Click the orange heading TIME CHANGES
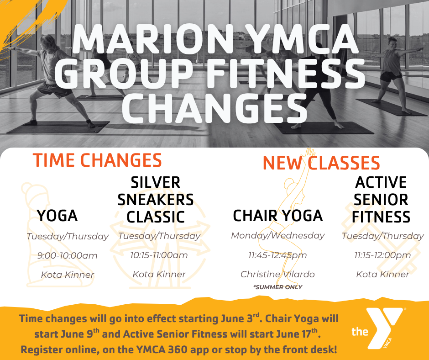click(x=97, y=160)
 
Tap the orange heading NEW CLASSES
click(x=321, y=163)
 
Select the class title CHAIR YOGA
click(x=277, y=216)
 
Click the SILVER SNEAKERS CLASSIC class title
click(x=156, y=200)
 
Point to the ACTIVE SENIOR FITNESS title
click(x=381, y=200)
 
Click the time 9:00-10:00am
click(x=67, y=256)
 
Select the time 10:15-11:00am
click(x=159, y=255)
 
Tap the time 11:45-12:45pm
click(x=277, y=255)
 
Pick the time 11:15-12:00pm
click(x=382, y=255)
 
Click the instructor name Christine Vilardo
click(x=277, y=274)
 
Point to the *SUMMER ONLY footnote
click(x=277, y=287)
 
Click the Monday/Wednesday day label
click(x=277, y=236)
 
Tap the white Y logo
click(x=384, y=327)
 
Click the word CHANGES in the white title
click(x=214, y=108)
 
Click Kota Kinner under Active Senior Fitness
click(x=382, y=274)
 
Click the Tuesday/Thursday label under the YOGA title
click(x=68, y=237)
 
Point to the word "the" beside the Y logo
click(x=360, y=332)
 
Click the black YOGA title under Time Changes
click(x=58, y=216)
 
